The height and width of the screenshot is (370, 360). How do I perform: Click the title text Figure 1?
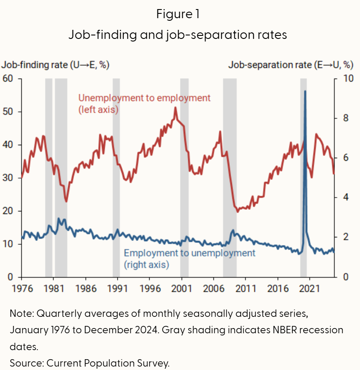178,14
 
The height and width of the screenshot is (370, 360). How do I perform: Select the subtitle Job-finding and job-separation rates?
178,35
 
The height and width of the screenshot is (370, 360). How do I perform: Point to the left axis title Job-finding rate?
55,65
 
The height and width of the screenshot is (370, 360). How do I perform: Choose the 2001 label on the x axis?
182,287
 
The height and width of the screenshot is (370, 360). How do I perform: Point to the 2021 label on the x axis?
310,287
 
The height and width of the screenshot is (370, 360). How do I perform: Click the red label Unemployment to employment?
145,98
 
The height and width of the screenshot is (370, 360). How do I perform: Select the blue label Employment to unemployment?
190,253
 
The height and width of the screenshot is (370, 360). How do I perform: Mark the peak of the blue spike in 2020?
305,91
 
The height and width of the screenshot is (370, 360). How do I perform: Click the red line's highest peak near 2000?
175,108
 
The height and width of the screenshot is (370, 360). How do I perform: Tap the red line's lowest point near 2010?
237,211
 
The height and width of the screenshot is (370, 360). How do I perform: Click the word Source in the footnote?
25,363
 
